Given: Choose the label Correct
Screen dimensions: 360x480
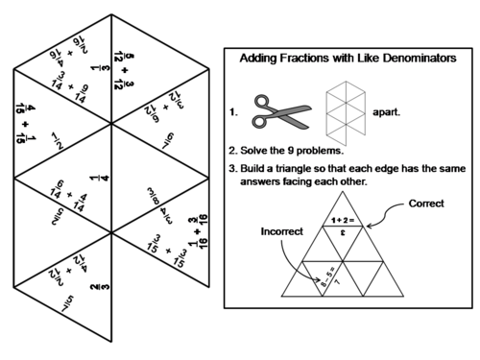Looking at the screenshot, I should (x=426, y=204).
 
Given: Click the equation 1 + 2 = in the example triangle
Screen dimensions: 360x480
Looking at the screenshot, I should (x=342, y=220).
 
